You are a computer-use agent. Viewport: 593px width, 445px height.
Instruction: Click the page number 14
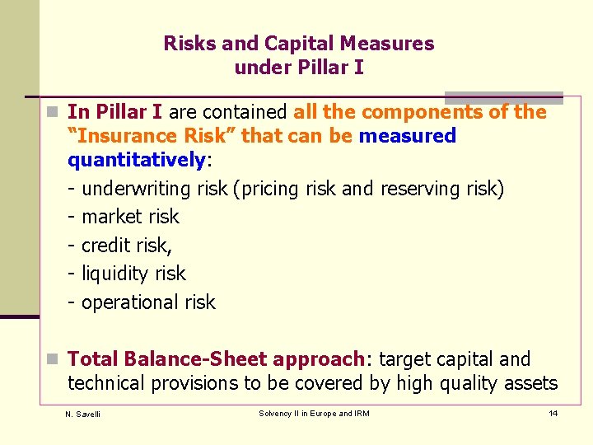(x=553, y=413)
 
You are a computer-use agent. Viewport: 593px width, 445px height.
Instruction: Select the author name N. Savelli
(x=82, y=414)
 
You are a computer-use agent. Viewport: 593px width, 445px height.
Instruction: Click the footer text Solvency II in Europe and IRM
(x=314, y=413)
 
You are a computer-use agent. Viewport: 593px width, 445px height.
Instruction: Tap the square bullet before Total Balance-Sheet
(x=53, y=359)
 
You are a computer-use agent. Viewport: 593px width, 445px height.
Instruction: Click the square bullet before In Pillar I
(x=53, y=112)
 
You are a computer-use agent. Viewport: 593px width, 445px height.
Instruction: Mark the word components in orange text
(x=423, y=112)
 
